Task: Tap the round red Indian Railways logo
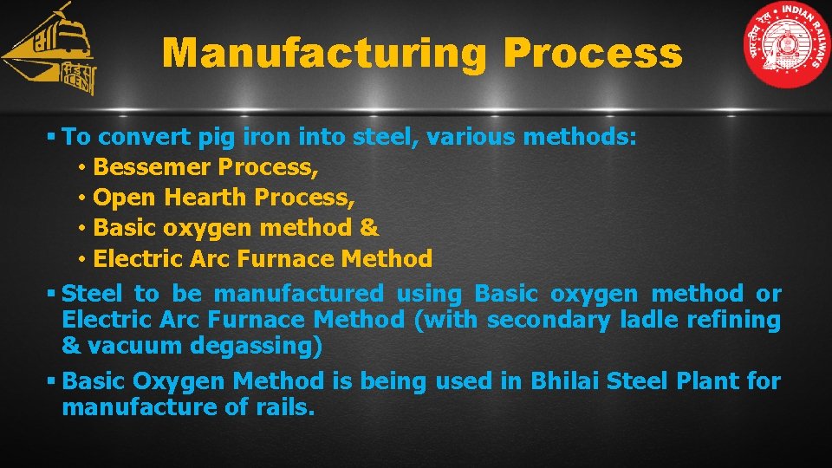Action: tap(787, 45)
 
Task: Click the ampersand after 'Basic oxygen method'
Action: tap(369, 228)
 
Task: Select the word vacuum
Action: tap(127, 347)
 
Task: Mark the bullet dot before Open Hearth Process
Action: tap(79, 198)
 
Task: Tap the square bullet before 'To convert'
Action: tap(53, 137)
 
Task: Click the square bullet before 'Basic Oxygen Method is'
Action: tap(53, 381)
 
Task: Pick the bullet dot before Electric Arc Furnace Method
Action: tap(79, 259)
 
